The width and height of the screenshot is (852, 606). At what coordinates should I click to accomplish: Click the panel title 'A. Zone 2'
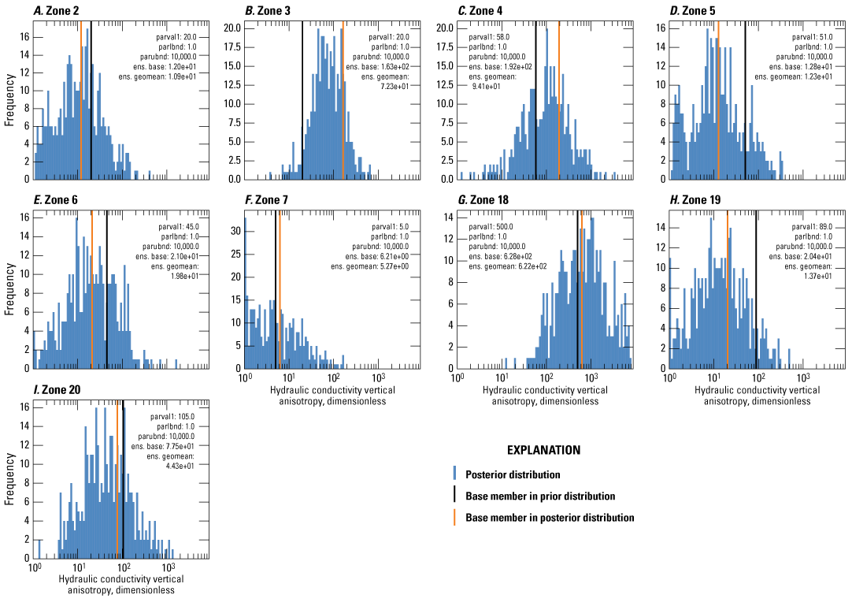[56, 10]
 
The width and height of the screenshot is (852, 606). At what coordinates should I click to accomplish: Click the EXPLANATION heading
[543, 451]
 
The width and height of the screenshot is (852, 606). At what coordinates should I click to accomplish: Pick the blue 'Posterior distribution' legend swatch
[454, 474]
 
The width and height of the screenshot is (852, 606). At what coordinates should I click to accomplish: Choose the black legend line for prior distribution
[454, 496]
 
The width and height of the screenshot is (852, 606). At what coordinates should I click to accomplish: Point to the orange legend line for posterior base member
[454, 518]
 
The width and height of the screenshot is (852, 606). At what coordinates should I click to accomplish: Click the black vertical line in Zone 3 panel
[302, 95]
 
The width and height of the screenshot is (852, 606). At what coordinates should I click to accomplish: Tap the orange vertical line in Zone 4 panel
[559, 95]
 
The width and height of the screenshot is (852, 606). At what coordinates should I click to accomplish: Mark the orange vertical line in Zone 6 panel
[92, 284]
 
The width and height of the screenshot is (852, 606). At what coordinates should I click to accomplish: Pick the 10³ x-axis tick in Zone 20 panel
[168, 567]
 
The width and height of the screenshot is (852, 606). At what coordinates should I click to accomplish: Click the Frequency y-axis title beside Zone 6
[9, 288]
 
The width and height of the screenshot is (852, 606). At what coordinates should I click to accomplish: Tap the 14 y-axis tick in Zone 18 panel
[446, 217]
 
